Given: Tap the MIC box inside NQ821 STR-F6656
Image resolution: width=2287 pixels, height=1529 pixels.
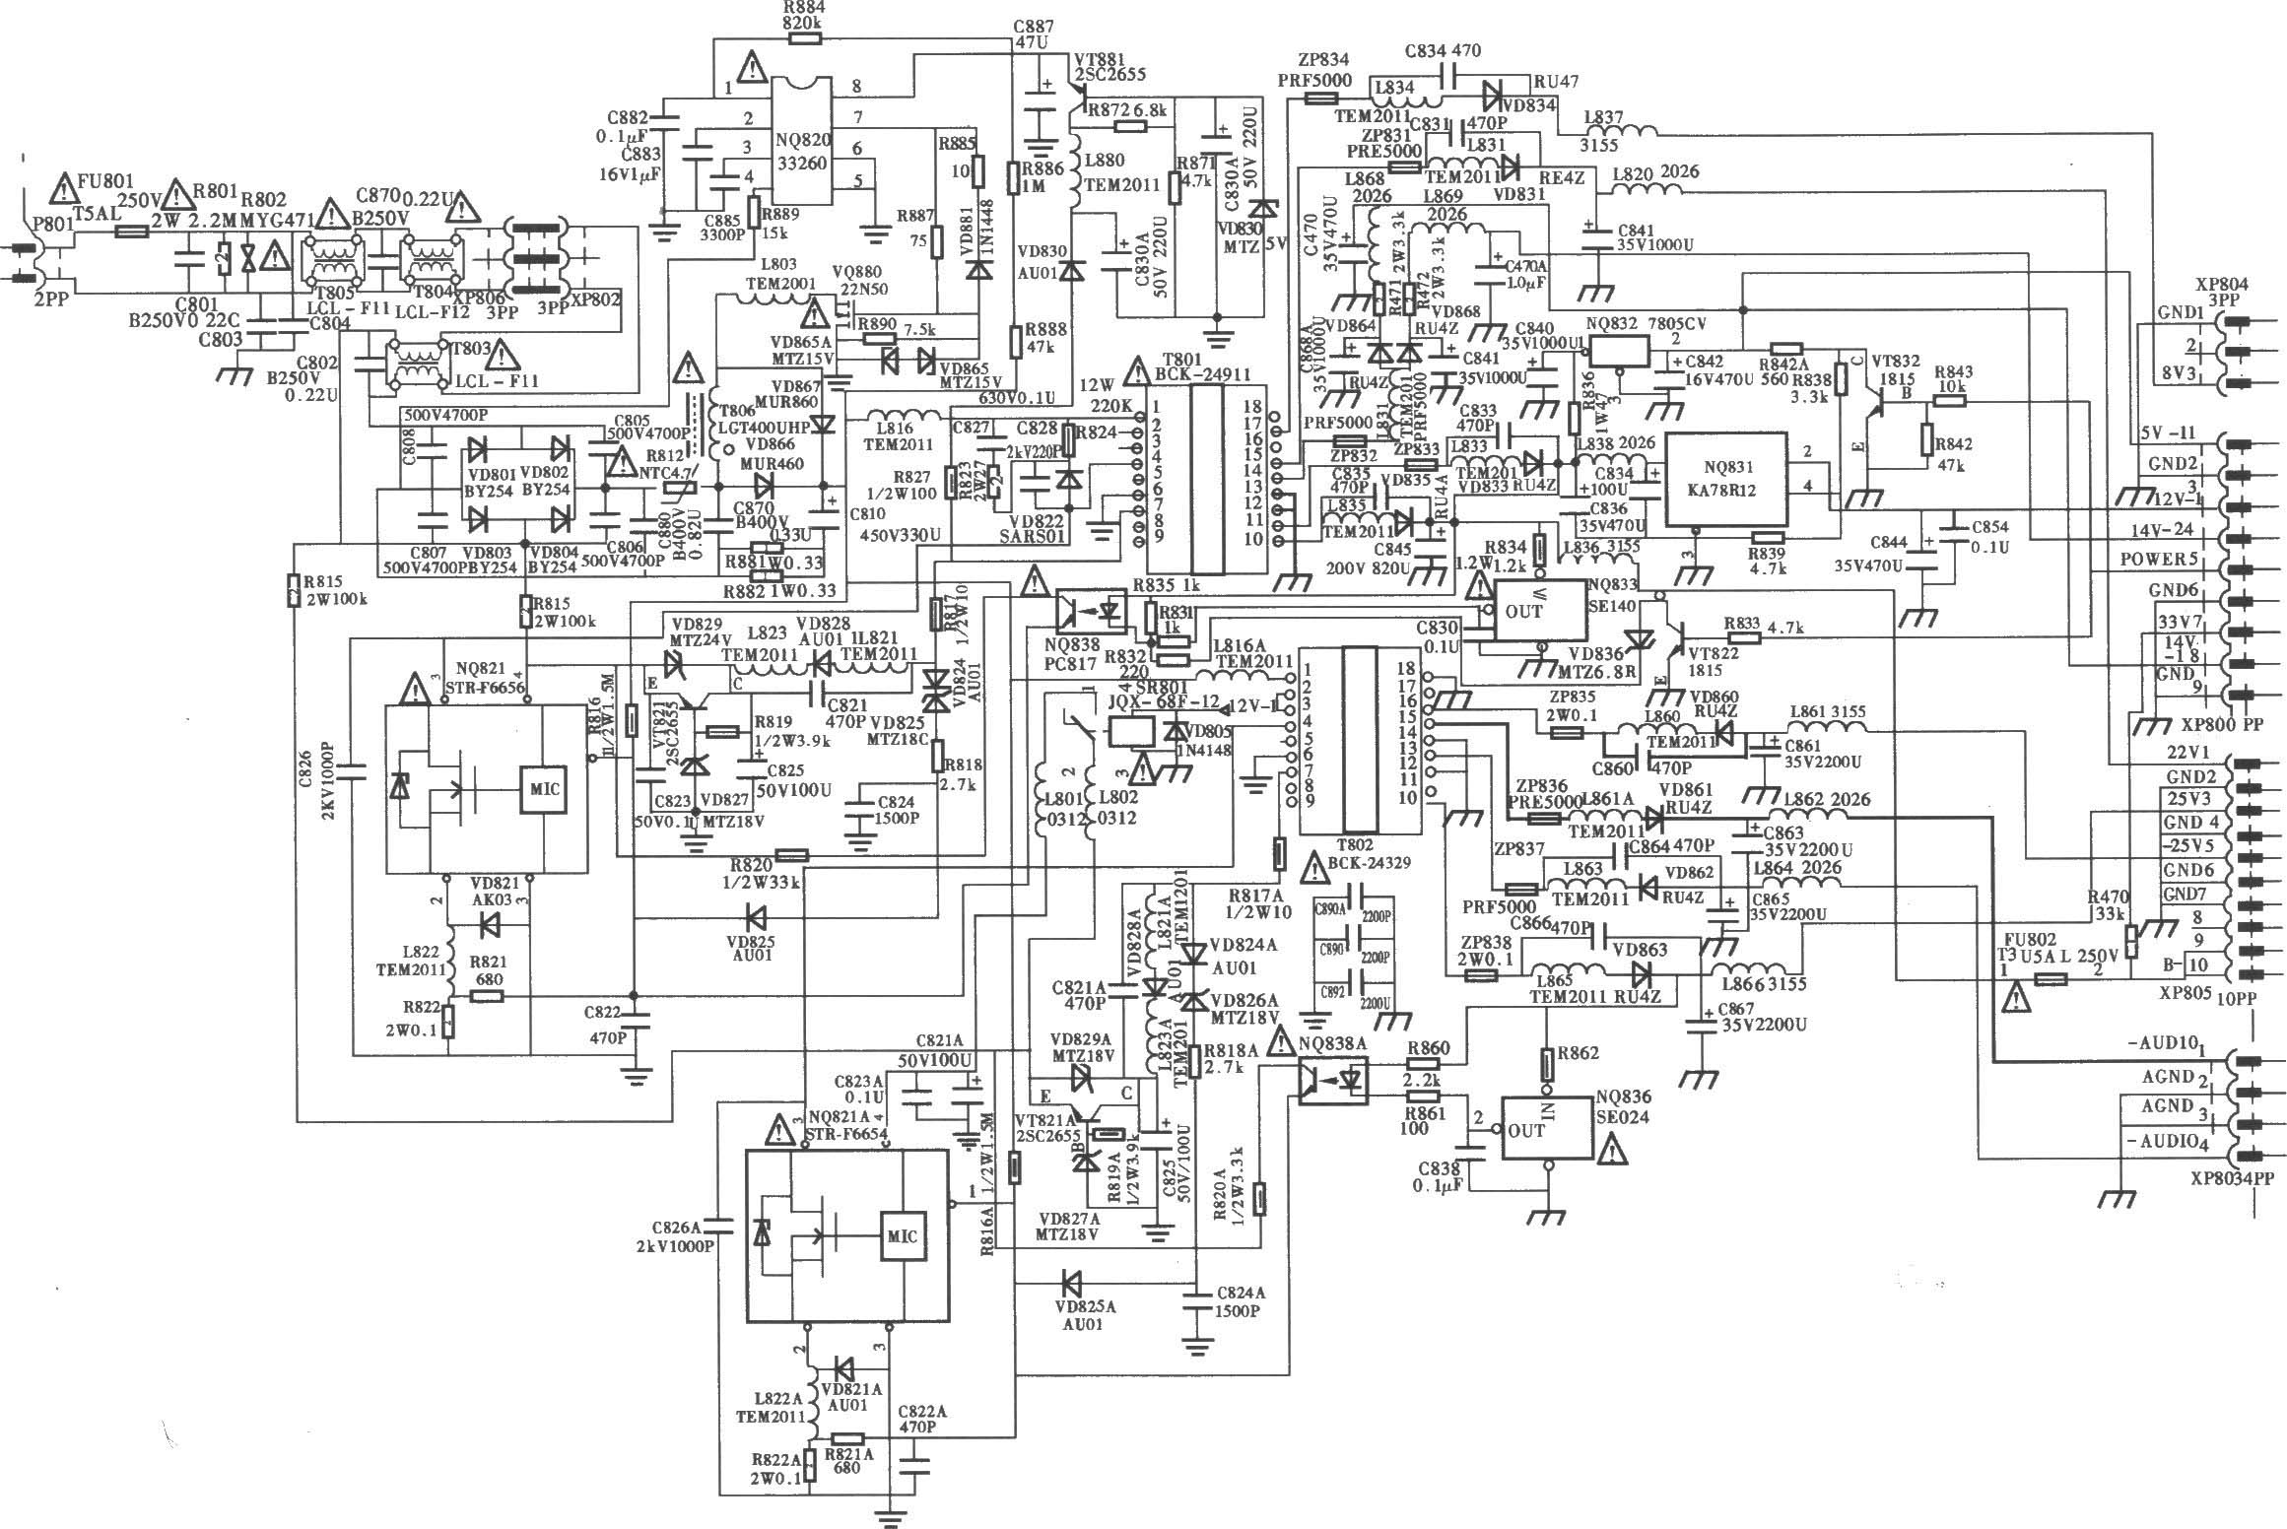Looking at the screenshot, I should pos(544,789).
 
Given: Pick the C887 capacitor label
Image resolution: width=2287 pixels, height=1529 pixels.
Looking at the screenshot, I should pos(1034,27).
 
